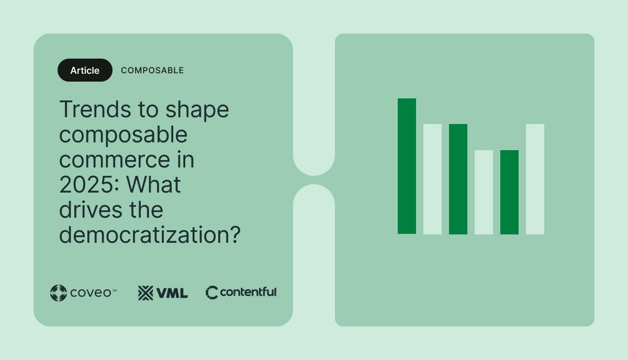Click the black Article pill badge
click(x=85, y=70)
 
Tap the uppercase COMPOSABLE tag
click(x=152, y=70)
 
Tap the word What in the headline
click(x=154, y=185)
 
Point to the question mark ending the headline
click(x=234, y=235)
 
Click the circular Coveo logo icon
click(x=58, y=293)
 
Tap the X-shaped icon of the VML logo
click(x=145, y=293)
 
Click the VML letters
click(x=172, y=293)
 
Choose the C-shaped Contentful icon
click(x=211, y=292)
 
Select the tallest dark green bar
click(x=407, y=166)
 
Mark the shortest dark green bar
click(x=509, y=192)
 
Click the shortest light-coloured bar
click(x=484, y=192)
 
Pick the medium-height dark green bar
click(x=458, y=179)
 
